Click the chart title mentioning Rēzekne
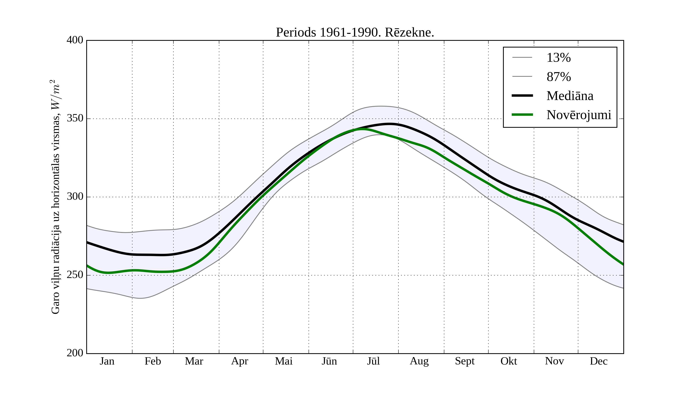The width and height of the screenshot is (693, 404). pyautogui.click(x=355, y=33)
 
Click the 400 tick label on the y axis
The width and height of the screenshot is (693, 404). pyautogui.click(x=75, y=40)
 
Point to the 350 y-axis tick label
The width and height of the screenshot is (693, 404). pyautogui.click(x=75, y=119)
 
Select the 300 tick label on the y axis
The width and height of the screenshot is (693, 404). pyautogui.click(x=75, y=197)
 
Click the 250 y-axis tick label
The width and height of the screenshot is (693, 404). pyautogui.click(x=75, y=275)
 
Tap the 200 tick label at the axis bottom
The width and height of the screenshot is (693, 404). pyautogui.click(x=75, y=353)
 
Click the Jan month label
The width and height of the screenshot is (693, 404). pyautogui.click(x=107, y=361)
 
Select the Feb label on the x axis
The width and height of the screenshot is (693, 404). pyautogui.click(x=153, y=361)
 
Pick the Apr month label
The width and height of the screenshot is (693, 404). pyautogui.click(x=239, y=361)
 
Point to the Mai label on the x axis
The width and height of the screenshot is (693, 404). pyautogui.click(x=284, y=361)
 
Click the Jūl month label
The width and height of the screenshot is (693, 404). pyautogui.click(x=373, y=361)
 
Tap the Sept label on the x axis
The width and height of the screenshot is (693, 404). pyautogui.click(x=465, y=361)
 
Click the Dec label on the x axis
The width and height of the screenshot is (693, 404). pyautogui.click(x=598, y=361)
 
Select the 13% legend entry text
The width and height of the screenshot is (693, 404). pyautogui.click(x=558, y=58)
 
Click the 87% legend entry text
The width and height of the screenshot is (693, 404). pyautogui.click(x=558, y=77)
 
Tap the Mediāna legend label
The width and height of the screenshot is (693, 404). pyautogui.click(x=570, y=96)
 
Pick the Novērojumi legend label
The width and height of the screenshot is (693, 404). pyautogui.click(x=579, y=115)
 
